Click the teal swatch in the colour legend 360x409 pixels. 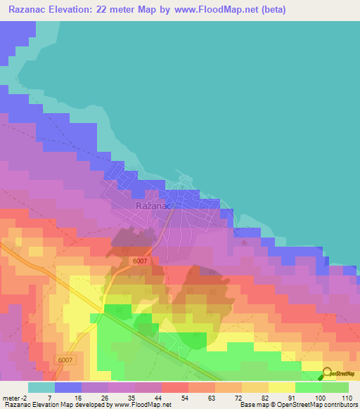coord(41,387)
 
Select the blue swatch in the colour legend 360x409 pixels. coord(67,387)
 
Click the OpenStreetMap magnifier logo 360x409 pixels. coord(328,373)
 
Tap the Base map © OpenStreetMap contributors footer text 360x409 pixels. coord(297,405)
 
